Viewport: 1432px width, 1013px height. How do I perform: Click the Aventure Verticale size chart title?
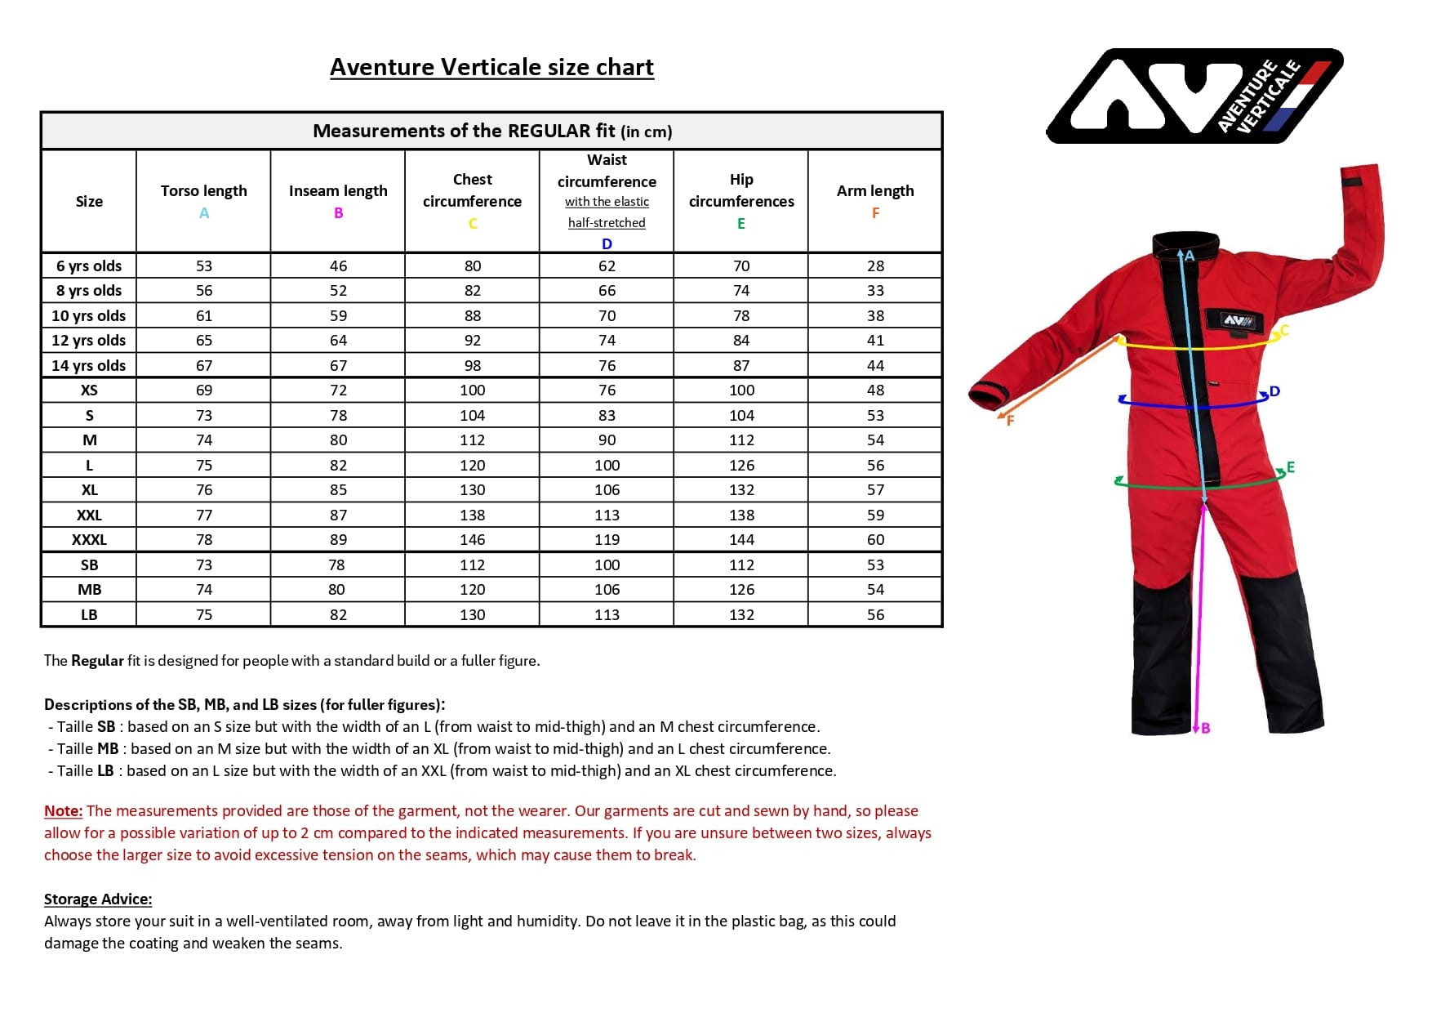coord(491,67)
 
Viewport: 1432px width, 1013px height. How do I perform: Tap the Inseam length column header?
coord(338,191)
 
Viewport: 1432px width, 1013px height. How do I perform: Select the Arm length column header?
coord(875,191)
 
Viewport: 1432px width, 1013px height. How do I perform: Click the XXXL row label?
coord(89,540)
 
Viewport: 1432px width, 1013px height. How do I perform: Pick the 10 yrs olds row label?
coord(89,316)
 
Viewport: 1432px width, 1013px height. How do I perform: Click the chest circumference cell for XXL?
coord(472,515)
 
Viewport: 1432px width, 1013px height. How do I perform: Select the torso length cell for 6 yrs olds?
coord(204,266)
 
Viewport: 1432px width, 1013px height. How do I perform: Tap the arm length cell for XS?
coord(875,390)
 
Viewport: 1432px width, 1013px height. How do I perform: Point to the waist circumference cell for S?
coord(607,416)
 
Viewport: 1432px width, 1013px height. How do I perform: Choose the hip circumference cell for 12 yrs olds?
coord(741,341)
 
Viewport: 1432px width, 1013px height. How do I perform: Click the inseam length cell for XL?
coord(338,490)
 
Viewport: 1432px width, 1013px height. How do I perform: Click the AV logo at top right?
coord(1194,95)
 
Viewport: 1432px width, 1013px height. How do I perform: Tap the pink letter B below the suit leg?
coord(1206,728)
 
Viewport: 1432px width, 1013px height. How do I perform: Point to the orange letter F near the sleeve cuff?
coord(1010,421)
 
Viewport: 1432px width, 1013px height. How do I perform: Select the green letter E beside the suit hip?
coord(1291,468)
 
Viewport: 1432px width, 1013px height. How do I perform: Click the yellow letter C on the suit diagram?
coord(1284,330)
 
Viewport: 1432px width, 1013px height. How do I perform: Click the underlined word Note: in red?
coord(63,811)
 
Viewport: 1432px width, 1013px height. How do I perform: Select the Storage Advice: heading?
coord(98,899)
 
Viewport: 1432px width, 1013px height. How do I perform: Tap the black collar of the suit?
coord(1185,243)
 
